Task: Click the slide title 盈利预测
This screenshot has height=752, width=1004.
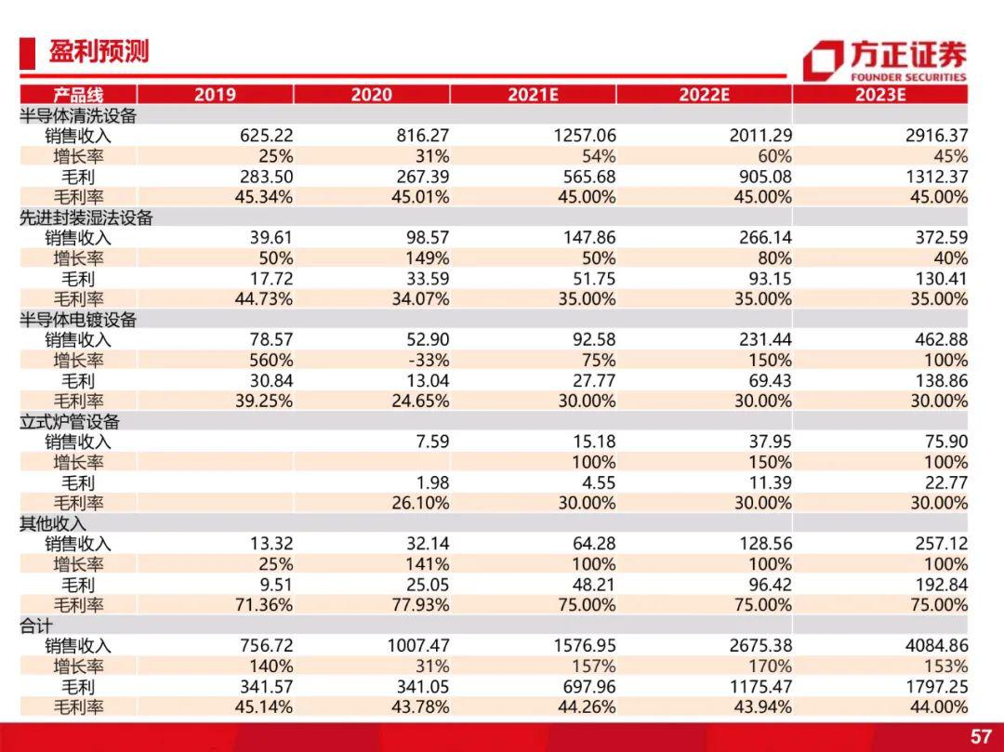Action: pos(99,52)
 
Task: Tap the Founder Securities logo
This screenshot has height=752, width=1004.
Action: pos(885,60)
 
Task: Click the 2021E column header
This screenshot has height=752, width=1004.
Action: pos(533,95)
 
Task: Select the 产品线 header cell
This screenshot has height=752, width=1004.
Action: pos(78,95)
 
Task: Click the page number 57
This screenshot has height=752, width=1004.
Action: pos(981,736)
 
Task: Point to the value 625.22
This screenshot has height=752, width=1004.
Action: pos(267,136)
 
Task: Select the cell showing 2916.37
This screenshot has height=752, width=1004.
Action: pos(936,136)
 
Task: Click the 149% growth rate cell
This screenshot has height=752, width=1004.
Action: pos(427,258)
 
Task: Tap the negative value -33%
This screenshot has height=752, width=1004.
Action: pos(429,361)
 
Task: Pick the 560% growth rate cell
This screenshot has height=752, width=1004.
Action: pos(271,361)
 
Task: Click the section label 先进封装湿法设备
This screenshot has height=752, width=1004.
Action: pos(86,218)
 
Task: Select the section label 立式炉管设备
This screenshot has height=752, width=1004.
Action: pos(70,422)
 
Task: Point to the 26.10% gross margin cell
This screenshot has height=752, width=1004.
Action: pos(420,503)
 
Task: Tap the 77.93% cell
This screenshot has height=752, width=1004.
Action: pos(420,605)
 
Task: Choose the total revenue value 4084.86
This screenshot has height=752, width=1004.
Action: pos(936,646)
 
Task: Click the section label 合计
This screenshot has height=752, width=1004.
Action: pos(36,626)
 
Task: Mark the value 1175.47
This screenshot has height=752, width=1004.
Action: pos(760,687)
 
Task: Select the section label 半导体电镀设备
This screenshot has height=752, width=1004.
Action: pos(78,320)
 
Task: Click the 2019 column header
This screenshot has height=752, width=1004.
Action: pos(215,95)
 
